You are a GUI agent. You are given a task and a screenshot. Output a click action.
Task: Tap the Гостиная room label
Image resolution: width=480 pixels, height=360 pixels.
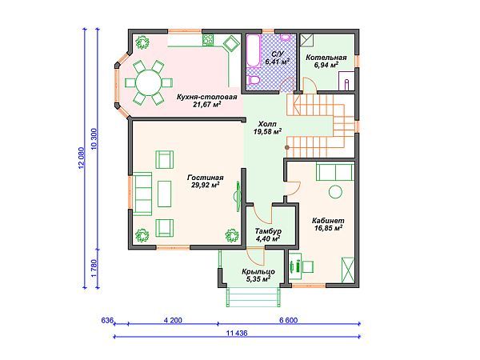[x=206, y=178]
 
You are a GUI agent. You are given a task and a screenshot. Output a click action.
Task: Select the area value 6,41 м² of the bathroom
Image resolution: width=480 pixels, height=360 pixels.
[x=278, y=62]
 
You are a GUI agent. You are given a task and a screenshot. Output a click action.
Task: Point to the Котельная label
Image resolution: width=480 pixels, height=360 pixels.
[x=326, y=58]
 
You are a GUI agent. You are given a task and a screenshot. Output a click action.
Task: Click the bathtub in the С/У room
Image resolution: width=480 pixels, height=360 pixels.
[x=253, y=51]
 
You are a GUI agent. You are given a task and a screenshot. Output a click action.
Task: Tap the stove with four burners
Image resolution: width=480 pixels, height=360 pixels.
[x=208, y=40]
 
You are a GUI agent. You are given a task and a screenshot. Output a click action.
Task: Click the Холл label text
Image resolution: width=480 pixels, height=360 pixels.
[x=267, y=124]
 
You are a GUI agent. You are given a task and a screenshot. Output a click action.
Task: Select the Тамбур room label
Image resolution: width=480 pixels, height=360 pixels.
[x=268, y=231]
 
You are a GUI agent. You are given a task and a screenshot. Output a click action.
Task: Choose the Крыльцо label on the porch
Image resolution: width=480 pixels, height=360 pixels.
[x=258, y=271]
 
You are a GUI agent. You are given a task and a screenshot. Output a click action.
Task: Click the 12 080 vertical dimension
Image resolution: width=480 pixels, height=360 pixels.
[x=81, y=158]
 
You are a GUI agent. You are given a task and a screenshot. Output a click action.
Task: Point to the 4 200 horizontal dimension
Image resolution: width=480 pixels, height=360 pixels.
[x=173, y=320]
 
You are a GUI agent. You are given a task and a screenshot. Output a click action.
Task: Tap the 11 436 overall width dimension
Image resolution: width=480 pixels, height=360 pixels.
[x=237, y=333]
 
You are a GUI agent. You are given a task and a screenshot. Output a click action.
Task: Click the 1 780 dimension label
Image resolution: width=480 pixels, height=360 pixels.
[x=94, y=269]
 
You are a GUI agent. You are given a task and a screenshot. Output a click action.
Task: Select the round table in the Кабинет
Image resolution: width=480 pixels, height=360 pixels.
[x=335, y=192]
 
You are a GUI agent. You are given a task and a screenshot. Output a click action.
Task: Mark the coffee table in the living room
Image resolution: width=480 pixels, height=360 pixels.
[x=164, y=194]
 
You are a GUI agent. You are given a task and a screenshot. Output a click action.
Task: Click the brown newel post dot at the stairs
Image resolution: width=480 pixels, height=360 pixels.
[x=287, y=147]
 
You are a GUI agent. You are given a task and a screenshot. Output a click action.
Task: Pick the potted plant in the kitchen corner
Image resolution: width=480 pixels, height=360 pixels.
[x=142, y=42]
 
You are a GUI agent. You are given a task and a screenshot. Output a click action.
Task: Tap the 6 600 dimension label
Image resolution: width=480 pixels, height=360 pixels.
[x=288, y=320]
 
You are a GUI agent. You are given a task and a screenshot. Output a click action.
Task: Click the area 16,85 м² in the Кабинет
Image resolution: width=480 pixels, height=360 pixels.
[x=328, y=228]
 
